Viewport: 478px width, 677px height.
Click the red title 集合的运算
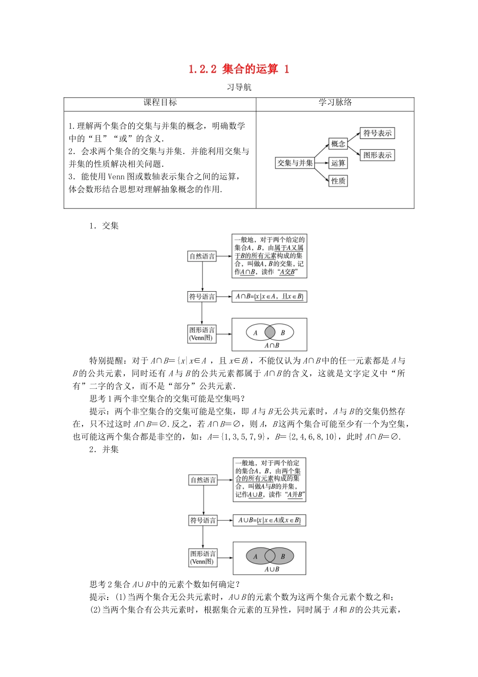(x=250, y=69)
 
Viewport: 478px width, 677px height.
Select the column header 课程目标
(x=160, y=103)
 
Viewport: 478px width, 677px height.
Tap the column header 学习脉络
(x=335, y=103)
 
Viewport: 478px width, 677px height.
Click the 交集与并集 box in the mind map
(x=295, y=163)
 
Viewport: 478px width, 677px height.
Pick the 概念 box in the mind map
(x=338, y=144)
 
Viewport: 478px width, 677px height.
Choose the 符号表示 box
(x=377, y=133)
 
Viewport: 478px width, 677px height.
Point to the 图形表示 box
(x=377, y=155)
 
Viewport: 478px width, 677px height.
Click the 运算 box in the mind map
(x=338, y=163)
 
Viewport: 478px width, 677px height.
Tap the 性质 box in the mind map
(x=338, y=181)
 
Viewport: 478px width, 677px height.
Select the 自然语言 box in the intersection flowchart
(x=202, y=256)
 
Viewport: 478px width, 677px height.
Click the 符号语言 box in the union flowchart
(x=203, y=520)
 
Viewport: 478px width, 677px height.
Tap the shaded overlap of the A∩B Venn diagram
(x=270, y=332)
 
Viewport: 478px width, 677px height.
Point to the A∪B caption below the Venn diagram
(x=272, y=569)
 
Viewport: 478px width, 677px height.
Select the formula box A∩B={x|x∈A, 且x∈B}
(x=269, y=297)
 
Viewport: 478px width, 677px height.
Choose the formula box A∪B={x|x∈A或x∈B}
(x=269, y=520)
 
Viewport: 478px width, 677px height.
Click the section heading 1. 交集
(x=104, y=226)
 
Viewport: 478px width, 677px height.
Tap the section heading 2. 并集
(x=104, y=449)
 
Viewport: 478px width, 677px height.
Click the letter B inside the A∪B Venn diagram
(x=283, y=557)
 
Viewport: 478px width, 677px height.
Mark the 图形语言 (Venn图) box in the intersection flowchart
(x=202, y=333)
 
